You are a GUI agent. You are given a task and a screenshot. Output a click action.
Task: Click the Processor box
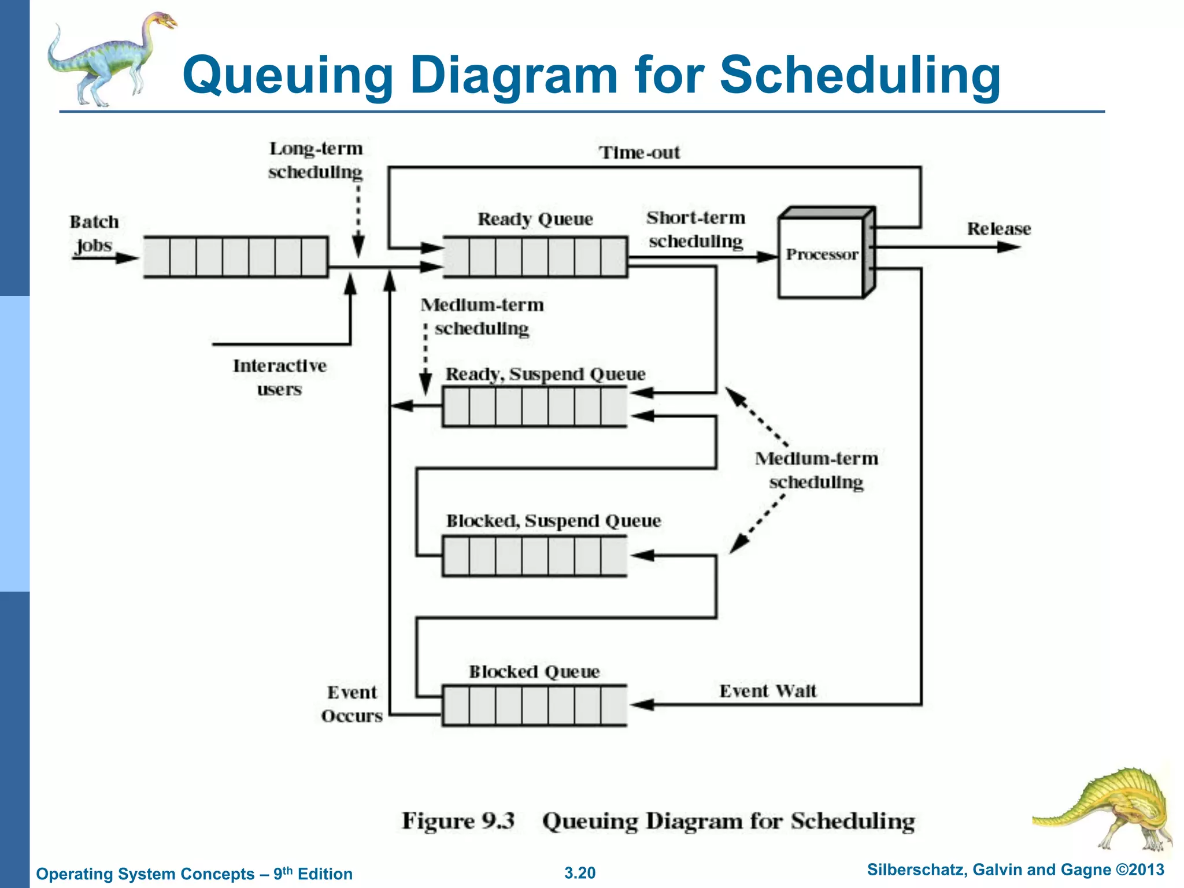point(822,255)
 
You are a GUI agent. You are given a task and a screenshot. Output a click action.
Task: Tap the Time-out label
point(639,153)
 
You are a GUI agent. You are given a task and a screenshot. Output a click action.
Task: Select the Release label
point(999,229)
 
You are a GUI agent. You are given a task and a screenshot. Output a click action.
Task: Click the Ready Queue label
point(535,219)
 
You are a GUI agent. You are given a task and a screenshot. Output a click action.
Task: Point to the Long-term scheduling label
point(316,160)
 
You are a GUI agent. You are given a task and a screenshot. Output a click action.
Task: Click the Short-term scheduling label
point(696,230)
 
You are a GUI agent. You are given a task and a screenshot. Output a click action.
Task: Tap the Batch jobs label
point(94,234)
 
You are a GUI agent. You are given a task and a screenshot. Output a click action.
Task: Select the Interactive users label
point(280,377)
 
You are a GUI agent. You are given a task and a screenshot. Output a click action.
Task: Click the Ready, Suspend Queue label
point(545,374)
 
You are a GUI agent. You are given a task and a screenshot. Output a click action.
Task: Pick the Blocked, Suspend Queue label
point(553,521)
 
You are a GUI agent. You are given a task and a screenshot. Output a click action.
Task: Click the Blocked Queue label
point(534,672)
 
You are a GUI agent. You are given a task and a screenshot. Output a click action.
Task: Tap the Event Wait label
point(768,691)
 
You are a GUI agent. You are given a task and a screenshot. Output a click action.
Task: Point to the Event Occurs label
point(352,704)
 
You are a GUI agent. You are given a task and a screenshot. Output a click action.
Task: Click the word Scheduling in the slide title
point(860,75)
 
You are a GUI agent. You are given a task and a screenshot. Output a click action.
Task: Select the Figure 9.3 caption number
point(458,821)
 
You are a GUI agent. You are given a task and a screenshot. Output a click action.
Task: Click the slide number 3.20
point(580,873)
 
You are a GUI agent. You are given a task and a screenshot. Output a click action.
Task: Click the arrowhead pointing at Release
point(1009,247)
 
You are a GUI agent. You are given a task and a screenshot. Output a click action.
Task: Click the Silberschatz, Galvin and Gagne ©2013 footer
point(1015,870)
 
